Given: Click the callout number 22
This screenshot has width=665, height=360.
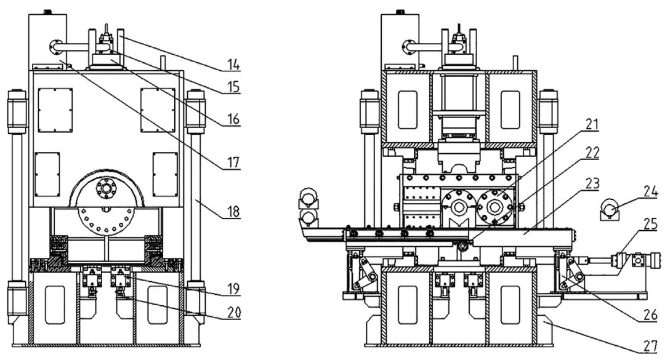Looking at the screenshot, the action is [x=592, y=153].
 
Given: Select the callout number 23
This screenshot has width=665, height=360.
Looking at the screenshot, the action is [x=592, y=183].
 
